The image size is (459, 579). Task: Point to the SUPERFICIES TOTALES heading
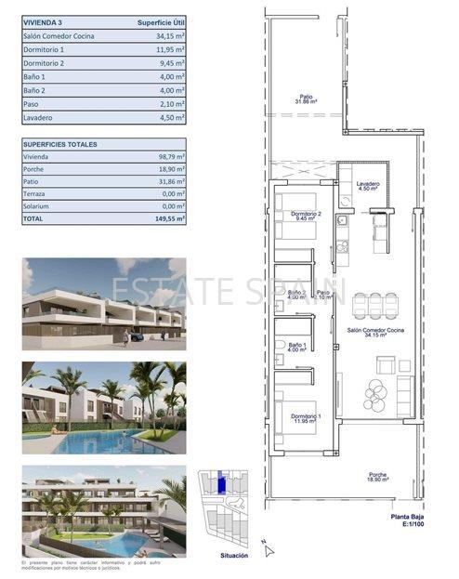tap(60, 145)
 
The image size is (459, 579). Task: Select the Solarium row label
tap(40, 206)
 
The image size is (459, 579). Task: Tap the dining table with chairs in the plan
tap(375, 307)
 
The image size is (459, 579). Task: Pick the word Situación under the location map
tap(234, 555)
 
